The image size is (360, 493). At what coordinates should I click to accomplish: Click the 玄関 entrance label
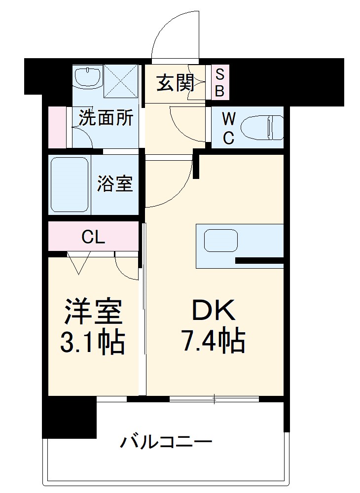tap(175, 84)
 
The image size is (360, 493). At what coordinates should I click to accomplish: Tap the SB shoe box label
tap(220, 83)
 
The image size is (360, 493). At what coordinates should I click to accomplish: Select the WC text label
tap(228, 128)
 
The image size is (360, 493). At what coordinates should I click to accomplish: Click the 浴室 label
tap(114, 184)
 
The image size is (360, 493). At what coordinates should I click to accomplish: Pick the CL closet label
tap(93, 238)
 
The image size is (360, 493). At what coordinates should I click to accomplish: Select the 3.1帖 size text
tap(92, 341)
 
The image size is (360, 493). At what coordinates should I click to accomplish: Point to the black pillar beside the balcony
tap(69, 417)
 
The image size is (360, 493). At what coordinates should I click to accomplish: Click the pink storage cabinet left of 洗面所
tap(58, 127)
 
